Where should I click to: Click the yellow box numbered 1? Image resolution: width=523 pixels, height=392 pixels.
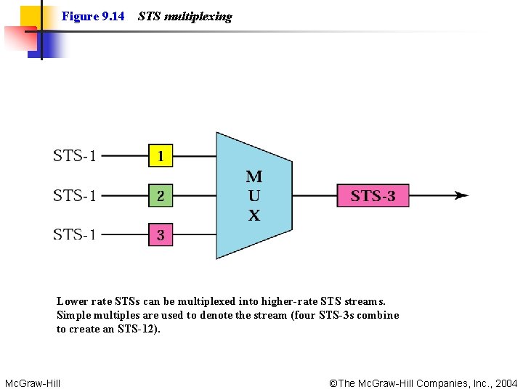pos(161,155)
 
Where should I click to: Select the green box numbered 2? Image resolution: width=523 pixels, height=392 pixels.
pos(161,195)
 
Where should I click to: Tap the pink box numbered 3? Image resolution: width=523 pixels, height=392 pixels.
pos(161,234)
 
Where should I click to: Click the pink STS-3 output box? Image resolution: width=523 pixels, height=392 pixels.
pos(373,195)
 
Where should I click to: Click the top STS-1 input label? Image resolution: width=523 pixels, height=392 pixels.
pos(75,155)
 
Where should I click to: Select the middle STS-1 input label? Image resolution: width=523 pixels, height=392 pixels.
pos(75,195)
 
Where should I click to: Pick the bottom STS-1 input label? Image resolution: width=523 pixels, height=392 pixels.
pos(75,234)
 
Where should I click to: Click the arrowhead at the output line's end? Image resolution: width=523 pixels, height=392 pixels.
pos(462,195)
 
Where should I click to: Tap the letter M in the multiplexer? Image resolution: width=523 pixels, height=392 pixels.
pos(254,176)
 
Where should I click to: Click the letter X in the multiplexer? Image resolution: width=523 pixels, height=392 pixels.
pos(254,216)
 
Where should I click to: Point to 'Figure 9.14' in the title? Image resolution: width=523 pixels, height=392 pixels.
pos(93,16)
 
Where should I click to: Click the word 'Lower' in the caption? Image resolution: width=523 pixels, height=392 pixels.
pos(73,301)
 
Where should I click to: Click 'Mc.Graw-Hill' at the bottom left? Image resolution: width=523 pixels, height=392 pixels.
pos(33,383)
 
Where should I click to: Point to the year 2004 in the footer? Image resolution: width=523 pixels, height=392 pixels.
pos(506,383)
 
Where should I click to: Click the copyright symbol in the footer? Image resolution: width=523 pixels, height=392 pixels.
pos(333,383)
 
